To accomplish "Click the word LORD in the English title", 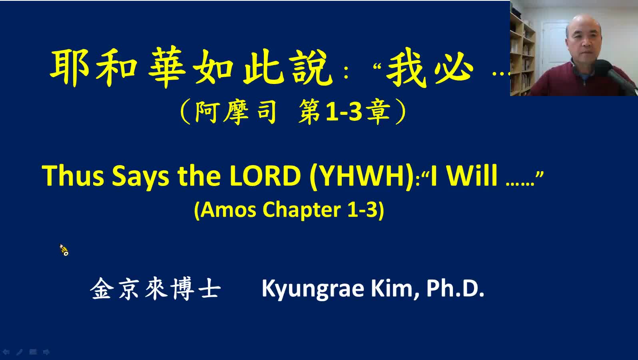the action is (x=265, y=176).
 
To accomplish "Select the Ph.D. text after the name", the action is (x=455, y=288).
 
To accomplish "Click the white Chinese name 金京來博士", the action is (x=156, y=289).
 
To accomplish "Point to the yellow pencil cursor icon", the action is (x=64, y=250).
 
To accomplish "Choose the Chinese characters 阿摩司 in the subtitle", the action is (x=235, y=112).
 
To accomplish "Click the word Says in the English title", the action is (x=140, y=177).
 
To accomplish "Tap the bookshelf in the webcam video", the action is (x=522, y=54).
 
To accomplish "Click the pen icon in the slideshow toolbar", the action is (x=19, y=352).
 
